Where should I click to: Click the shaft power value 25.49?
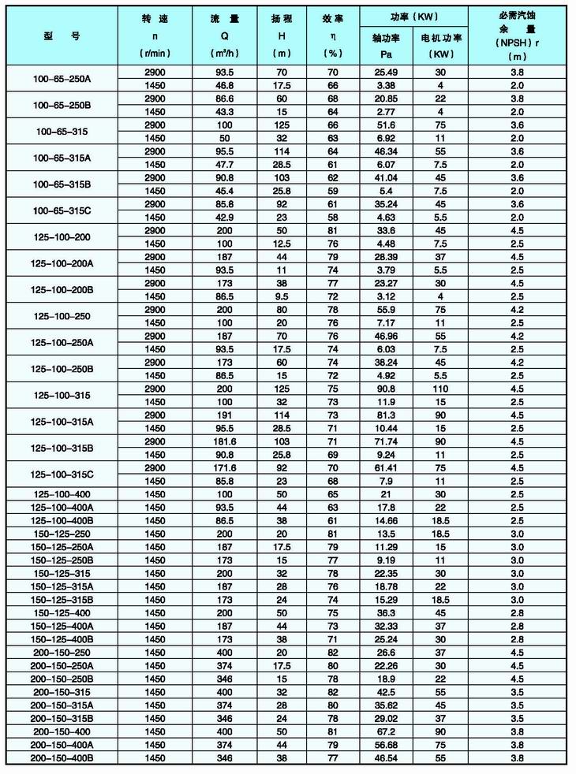[x=385, y=72]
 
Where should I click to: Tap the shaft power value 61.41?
[x=385, y=467]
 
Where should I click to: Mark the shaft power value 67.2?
[x=385, y=731]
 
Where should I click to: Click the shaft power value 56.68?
[x=385, y=744]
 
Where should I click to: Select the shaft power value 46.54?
[x=385, y=757]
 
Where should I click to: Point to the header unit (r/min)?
[x=155, y=54]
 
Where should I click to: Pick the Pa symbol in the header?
[x=385, y=54]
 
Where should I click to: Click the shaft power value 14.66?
[x=385, y=520]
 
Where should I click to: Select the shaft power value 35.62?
[x=385, y=705]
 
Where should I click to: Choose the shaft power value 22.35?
[x=385, y=573]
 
